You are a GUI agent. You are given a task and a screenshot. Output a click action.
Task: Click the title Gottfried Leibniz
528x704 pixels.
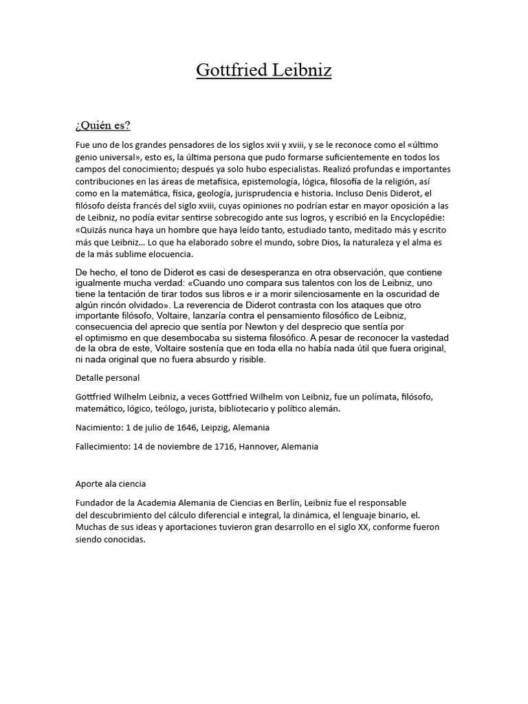[264, 71]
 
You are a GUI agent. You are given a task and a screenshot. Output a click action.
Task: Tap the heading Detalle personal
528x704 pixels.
[107, 377]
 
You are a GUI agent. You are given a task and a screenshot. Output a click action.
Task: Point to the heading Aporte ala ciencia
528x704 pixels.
[111, 483]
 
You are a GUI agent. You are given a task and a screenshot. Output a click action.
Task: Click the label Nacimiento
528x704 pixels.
[100, 428]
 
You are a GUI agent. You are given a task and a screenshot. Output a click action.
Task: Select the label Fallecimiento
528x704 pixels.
[103, 446]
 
